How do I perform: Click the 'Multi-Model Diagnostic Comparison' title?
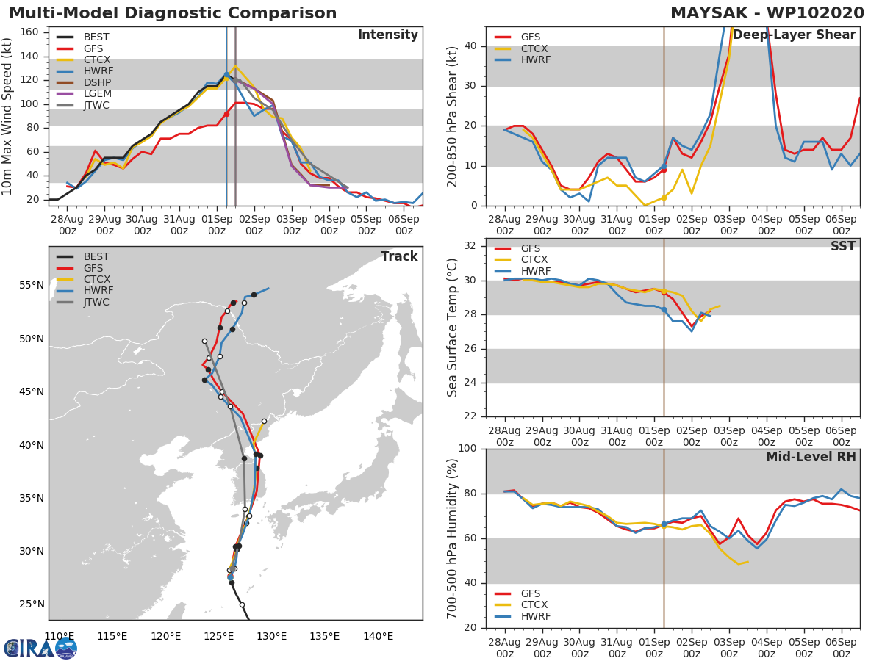173,13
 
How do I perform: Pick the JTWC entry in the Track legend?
96,302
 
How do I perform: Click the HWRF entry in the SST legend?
534,271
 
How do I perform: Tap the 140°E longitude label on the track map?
377,636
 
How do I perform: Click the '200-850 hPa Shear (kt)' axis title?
453,116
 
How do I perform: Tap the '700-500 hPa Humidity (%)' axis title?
453,538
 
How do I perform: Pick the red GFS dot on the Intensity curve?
226,114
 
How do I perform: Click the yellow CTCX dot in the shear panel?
664,198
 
